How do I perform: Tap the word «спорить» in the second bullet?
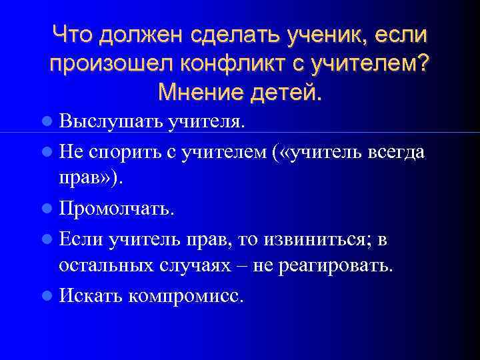pyautogui.click(x=126, y=152)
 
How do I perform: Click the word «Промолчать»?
pyautogui.click(x=117, y=209)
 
